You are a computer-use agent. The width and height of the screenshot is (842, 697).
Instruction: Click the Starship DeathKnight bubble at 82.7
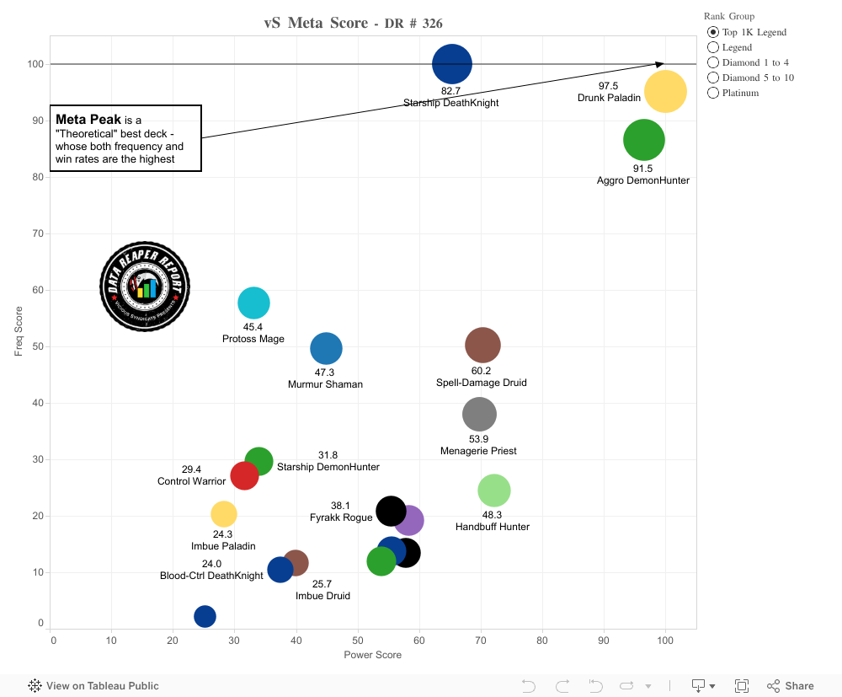click(452, 64)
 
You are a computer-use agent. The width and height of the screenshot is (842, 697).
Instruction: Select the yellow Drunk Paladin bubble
click(665, 92)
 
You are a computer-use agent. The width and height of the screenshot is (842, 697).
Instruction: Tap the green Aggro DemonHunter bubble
click(644, 141)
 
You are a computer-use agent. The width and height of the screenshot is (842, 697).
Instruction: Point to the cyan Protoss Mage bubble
click(253, 303)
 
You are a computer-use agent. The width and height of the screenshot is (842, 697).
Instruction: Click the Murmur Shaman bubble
click(326, 348)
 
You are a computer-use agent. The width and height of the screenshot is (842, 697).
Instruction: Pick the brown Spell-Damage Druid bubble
click(482, 345)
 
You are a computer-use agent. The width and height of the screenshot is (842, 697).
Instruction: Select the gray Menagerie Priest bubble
click(479, 414)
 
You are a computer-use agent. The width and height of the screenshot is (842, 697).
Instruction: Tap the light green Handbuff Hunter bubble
click(494, 491)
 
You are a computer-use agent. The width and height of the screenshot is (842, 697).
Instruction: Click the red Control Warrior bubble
click(243, 475)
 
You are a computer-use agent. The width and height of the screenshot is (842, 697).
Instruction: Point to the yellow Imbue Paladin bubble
click(223, 513)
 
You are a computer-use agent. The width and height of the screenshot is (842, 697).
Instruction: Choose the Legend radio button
click(714, 47)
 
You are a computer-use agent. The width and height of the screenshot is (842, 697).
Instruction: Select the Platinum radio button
click(714, 93)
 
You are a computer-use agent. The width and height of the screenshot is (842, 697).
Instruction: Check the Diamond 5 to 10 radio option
click(714, 78)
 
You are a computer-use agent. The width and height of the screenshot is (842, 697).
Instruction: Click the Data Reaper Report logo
click(145, 287)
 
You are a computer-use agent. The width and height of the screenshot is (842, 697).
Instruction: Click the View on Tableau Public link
click(94, 686)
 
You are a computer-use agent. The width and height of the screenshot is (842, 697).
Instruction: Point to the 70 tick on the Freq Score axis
click(38, 233)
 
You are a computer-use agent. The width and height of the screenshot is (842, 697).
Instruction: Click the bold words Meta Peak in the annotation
click(88, 120)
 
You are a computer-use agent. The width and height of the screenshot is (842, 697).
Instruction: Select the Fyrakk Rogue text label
click(341, 517)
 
